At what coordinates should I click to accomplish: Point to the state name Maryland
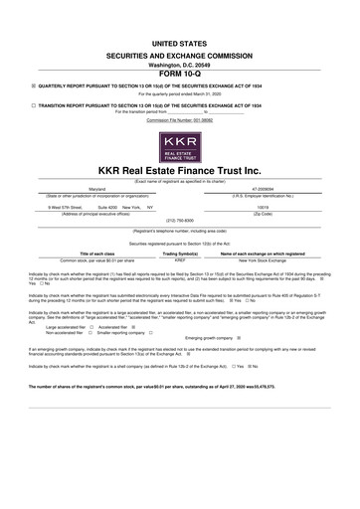point(71,185)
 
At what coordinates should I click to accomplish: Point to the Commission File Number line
point(180,120)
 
